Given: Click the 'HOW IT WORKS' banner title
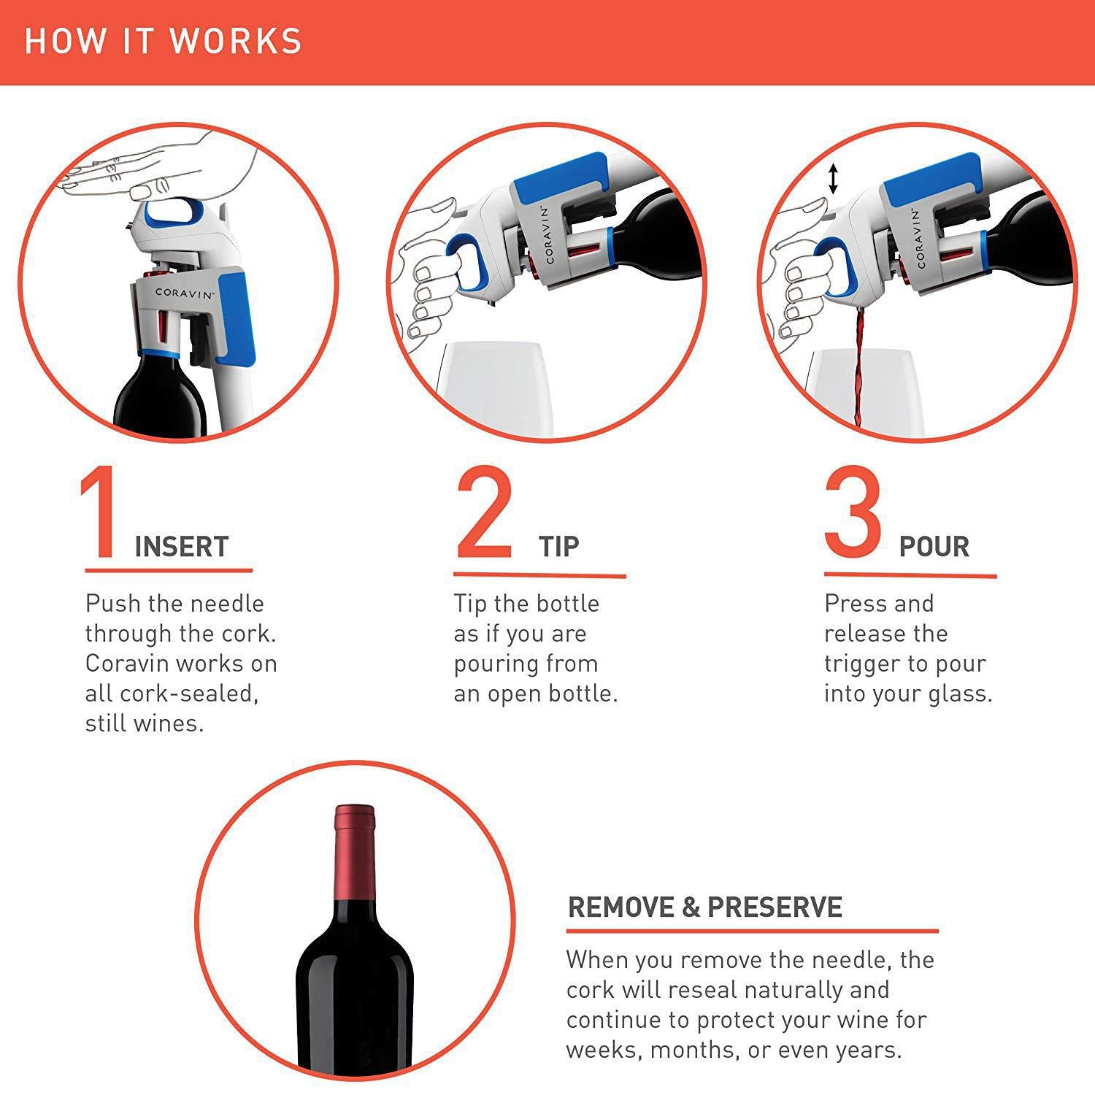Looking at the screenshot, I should [164, 41].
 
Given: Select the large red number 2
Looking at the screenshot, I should [484, 514].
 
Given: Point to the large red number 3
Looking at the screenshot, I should [853, 514].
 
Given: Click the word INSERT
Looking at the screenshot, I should [182, 547].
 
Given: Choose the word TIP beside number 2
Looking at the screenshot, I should [559, 547].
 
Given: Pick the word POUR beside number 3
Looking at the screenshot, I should [934, 547].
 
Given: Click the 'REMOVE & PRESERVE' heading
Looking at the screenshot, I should [704, 907].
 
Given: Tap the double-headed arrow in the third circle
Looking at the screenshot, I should [833, 180].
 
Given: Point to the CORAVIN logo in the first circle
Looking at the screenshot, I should [185, 293].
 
